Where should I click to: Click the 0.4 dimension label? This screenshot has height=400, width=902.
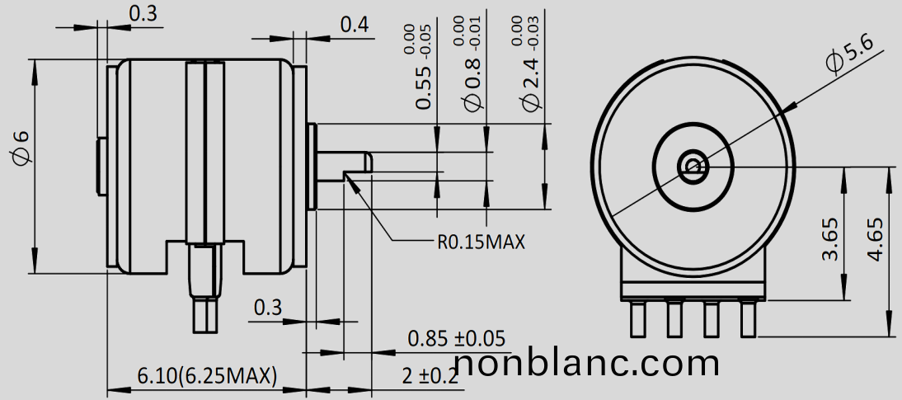[x=355, y=24]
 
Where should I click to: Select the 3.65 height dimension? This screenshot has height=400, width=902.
[x=830, y=239]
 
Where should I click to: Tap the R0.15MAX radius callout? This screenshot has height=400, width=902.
[x=481, y=242]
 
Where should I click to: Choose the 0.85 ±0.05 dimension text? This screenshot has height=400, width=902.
[x=457, y=338]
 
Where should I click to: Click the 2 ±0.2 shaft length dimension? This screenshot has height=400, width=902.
[x=430, y=376]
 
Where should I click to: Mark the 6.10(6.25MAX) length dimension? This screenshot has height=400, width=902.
[x=206, y=376]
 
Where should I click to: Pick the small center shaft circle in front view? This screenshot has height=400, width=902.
[x=692, y=167]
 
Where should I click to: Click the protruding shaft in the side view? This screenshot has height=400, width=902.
[x=346, y=162]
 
